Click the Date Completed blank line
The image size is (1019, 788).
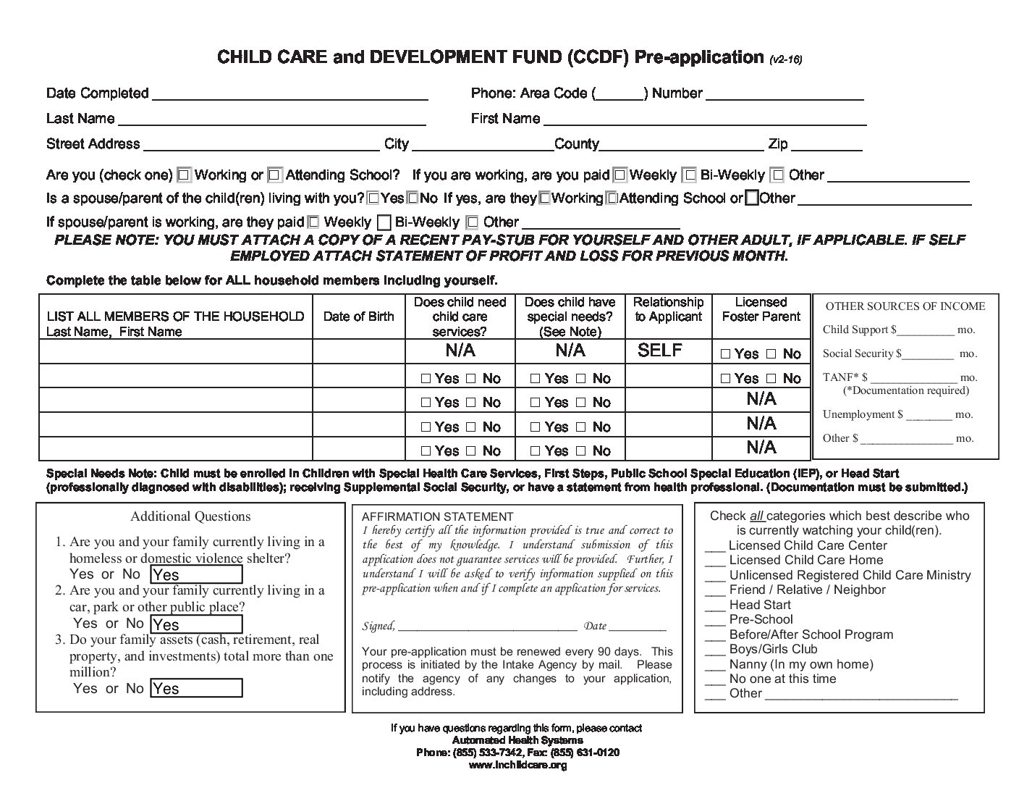pyautogui.click(x=289, y=96)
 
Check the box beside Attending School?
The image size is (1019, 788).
pyautogui.click(x=274, y=175)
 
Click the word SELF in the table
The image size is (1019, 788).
pyautogui.click(x=660, y=351)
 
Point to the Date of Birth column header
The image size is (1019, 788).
pyautogui.click(x=359, y=317)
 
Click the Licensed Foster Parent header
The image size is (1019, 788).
pyautogui.click(x=761, y=309)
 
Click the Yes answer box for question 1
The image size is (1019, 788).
pyautogui.click(x=196, y=575)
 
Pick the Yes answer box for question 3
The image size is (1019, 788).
pyautogui.click(x=196, y=688)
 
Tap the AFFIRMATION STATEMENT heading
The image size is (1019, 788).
pyautogui.click(x=437, y=516)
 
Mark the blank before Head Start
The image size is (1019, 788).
pyautogui.click(x=715, y=607)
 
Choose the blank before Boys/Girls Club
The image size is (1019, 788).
pyautogui.click(x=715, y=652)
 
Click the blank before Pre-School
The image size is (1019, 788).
pyautogui.click(x=715, y=622)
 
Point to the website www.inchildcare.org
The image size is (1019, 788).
pyautogui.click(x=517, y=765)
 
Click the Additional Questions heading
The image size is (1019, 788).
pyautogui.click(x=190, y=516)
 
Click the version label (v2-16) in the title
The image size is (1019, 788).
pyautogui.click(x=785, y=59)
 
